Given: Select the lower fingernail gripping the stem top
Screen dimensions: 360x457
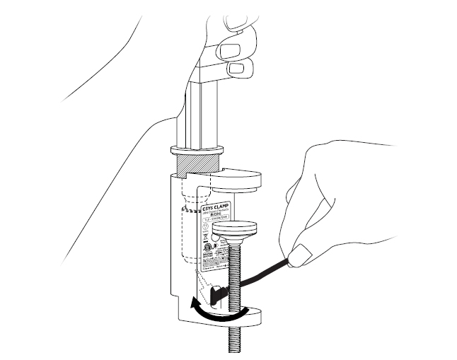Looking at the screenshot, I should click(241, 68).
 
